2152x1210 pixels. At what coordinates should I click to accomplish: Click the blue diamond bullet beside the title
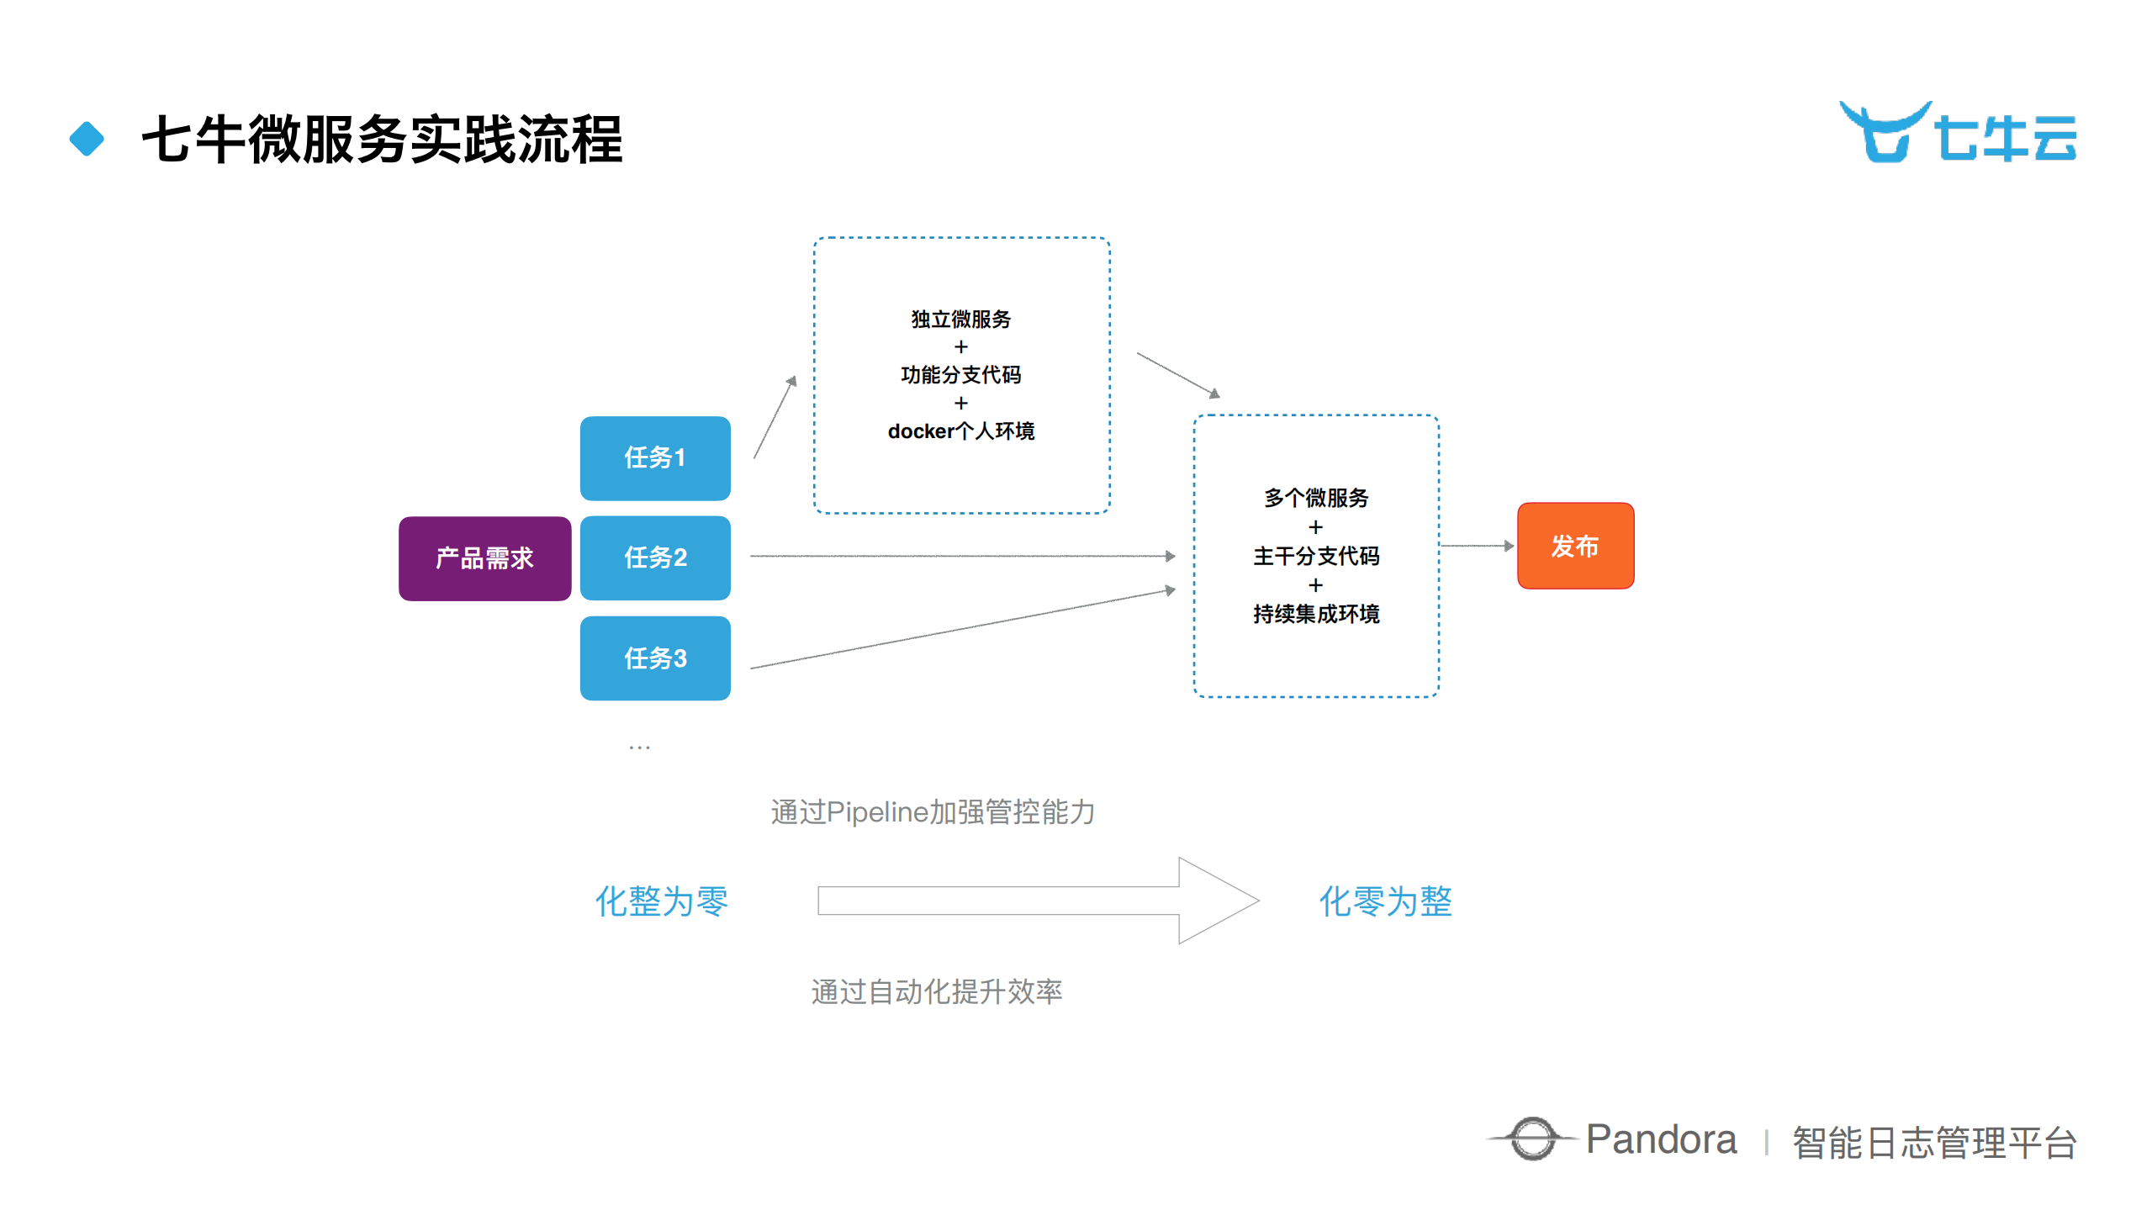tap(87, 139)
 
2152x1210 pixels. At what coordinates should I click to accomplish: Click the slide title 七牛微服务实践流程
tap(382, 139)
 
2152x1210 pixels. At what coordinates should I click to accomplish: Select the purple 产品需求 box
tap(484, 558)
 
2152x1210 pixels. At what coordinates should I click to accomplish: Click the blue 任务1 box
tap(654, 458)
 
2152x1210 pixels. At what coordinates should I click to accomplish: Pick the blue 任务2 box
tap(654, 557)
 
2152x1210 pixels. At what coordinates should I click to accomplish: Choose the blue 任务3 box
tap(654, 658)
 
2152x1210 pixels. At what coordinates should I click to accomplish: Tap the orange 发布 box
tap(1574, 547)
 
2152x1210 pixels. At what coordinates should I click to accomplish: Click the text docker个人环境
tap(960, 431)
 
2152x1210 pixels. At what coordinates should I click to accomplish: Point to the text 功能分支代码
tap(960, 375)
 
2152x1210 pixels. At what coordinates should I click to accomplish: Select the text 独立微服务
tap(960, 320)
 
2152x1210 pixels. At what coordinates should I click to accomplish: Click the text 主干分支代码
tap(1315, 556)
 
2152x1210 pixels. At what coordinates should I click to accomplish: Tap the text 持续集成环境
tap(1315, 614)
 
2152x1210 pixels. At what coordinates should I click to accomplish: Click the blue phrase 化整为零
tap(661, 901)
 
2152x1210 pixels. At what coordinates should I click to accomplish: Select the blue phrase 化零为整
tap(1385, 901)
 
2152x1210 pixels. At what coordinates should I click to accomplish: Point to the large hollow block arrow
tap(1034, 901)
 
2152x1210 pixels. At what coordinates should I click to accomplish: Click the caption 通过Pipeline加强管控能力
tap(932, 812)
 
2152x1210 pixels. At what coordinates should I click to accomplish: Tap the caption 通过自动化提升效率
tap(936, 992)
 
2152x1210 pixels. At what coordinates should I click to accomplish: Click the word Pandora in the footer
tap(1661, 1140)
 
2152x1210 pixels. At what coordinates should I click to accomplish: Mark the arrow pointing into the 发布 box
tap(1478, 547)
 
